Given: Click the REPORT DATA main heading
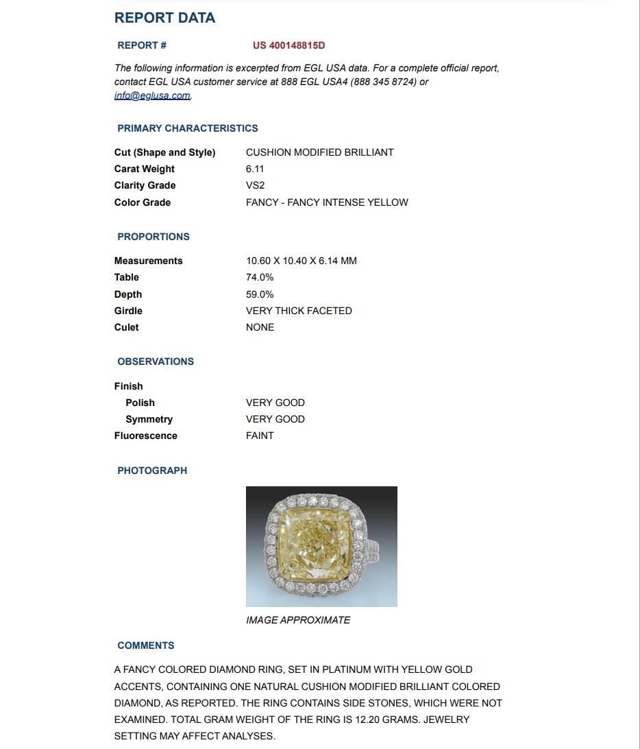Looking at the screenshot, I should click(164, 18).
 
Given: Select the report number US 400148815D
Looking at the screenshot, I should click(288, 46).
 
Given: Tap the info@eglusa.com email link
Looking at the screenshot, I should click(152, 96).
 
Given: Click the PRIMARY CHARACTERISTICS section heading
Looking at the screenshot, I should click(187, 128).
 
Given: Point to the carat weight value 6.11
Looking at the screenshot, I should click(255, 169).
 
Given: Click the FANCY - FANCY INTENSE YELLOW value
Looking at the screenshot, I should click(327, 202).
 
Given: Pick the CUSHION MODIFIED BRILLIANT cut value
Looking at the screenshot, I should click(319, 152).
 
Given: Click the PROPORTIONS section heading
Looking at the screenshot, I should click(153, 237).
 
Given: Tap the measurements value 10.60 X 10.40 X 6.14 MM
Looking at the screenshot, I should click(301, 261).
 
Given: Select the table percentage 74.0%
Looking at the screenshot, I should click(260, 277).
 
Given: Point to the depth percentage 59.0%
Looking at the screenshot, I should click(260, 294).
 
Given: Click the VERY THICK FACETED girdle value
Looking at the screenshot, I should click(299, 311).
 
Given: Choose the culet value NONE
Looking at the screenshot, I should click(260, 327).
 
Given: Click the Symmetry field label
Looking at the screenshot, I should click(149, 419).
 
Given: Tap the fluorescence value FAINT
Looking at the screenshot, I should click(260, 436).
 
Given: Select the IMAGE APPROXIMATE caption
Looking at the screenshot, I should click(297, 620).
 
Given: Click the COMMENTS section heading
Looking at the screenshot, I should click(145, 645).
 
